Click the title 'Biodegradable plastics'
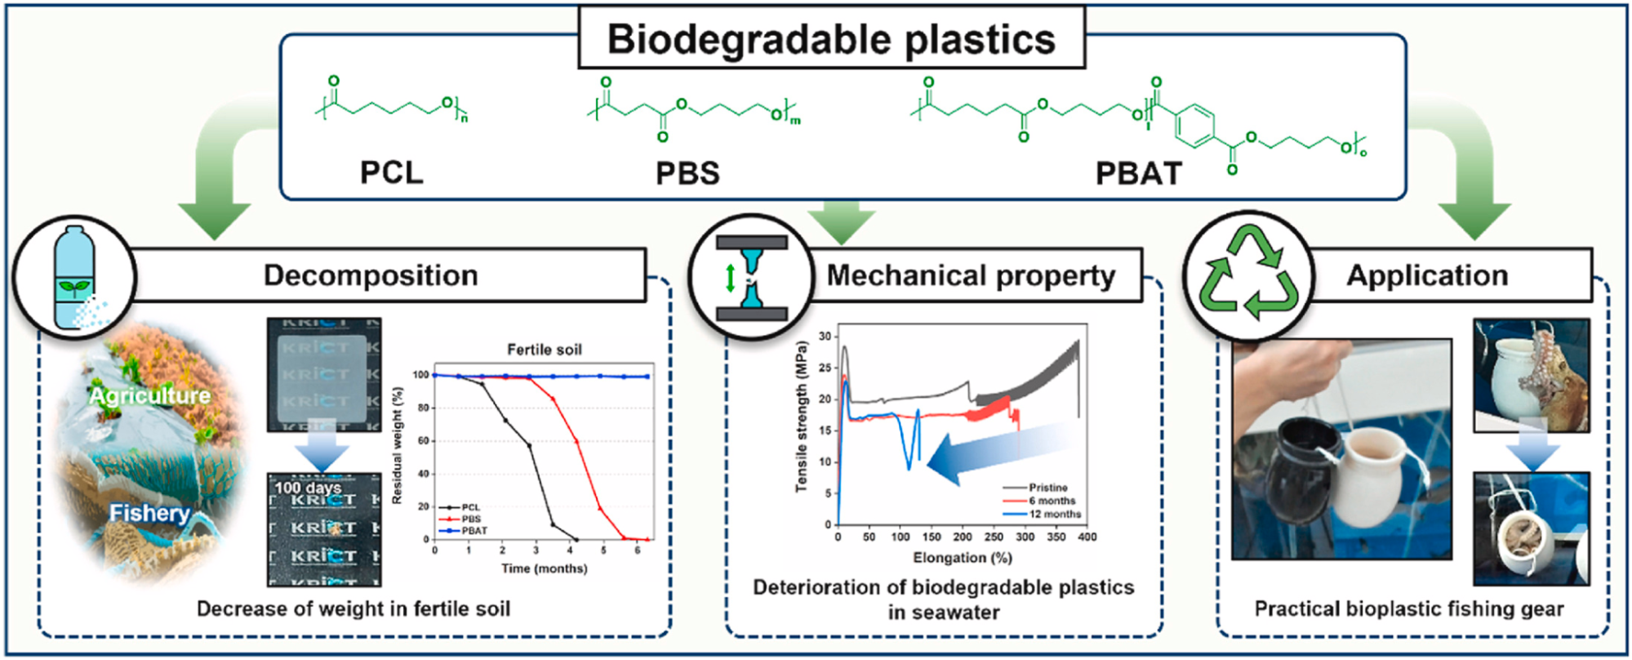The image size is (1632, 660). (x=831, y=39)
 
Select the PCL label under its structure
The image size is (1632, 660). (x=392, y=172)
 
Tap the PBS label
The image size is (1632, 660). (x=687, y=173)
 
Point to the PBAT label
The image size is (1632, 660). (x=1138, y=173)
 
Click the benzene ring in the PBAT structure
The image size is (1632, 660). (x=1195, y=126)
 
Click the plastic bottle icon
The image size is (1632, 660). (x=74, y=277)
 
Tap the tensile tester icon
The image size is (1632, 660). (x=751, y=278)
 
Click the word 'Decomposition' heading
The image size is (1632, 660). (x=370, y=275)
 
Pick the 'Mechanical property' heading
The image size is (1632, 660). (x=971, y=276)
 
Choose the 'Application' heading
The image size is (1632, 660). (x=1426, y=275)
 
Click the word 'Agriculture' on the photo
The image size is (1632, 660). (x=149, y=396)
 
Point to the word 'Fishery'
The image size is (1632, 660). (x=149, y=513)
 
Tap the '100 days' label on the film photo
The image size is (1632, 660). (x=307, y=488)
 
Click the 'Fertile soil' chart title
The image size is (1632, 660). (x=544, y=350)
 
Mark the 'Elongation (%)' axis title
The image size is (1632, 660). (x=962, y=558)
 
